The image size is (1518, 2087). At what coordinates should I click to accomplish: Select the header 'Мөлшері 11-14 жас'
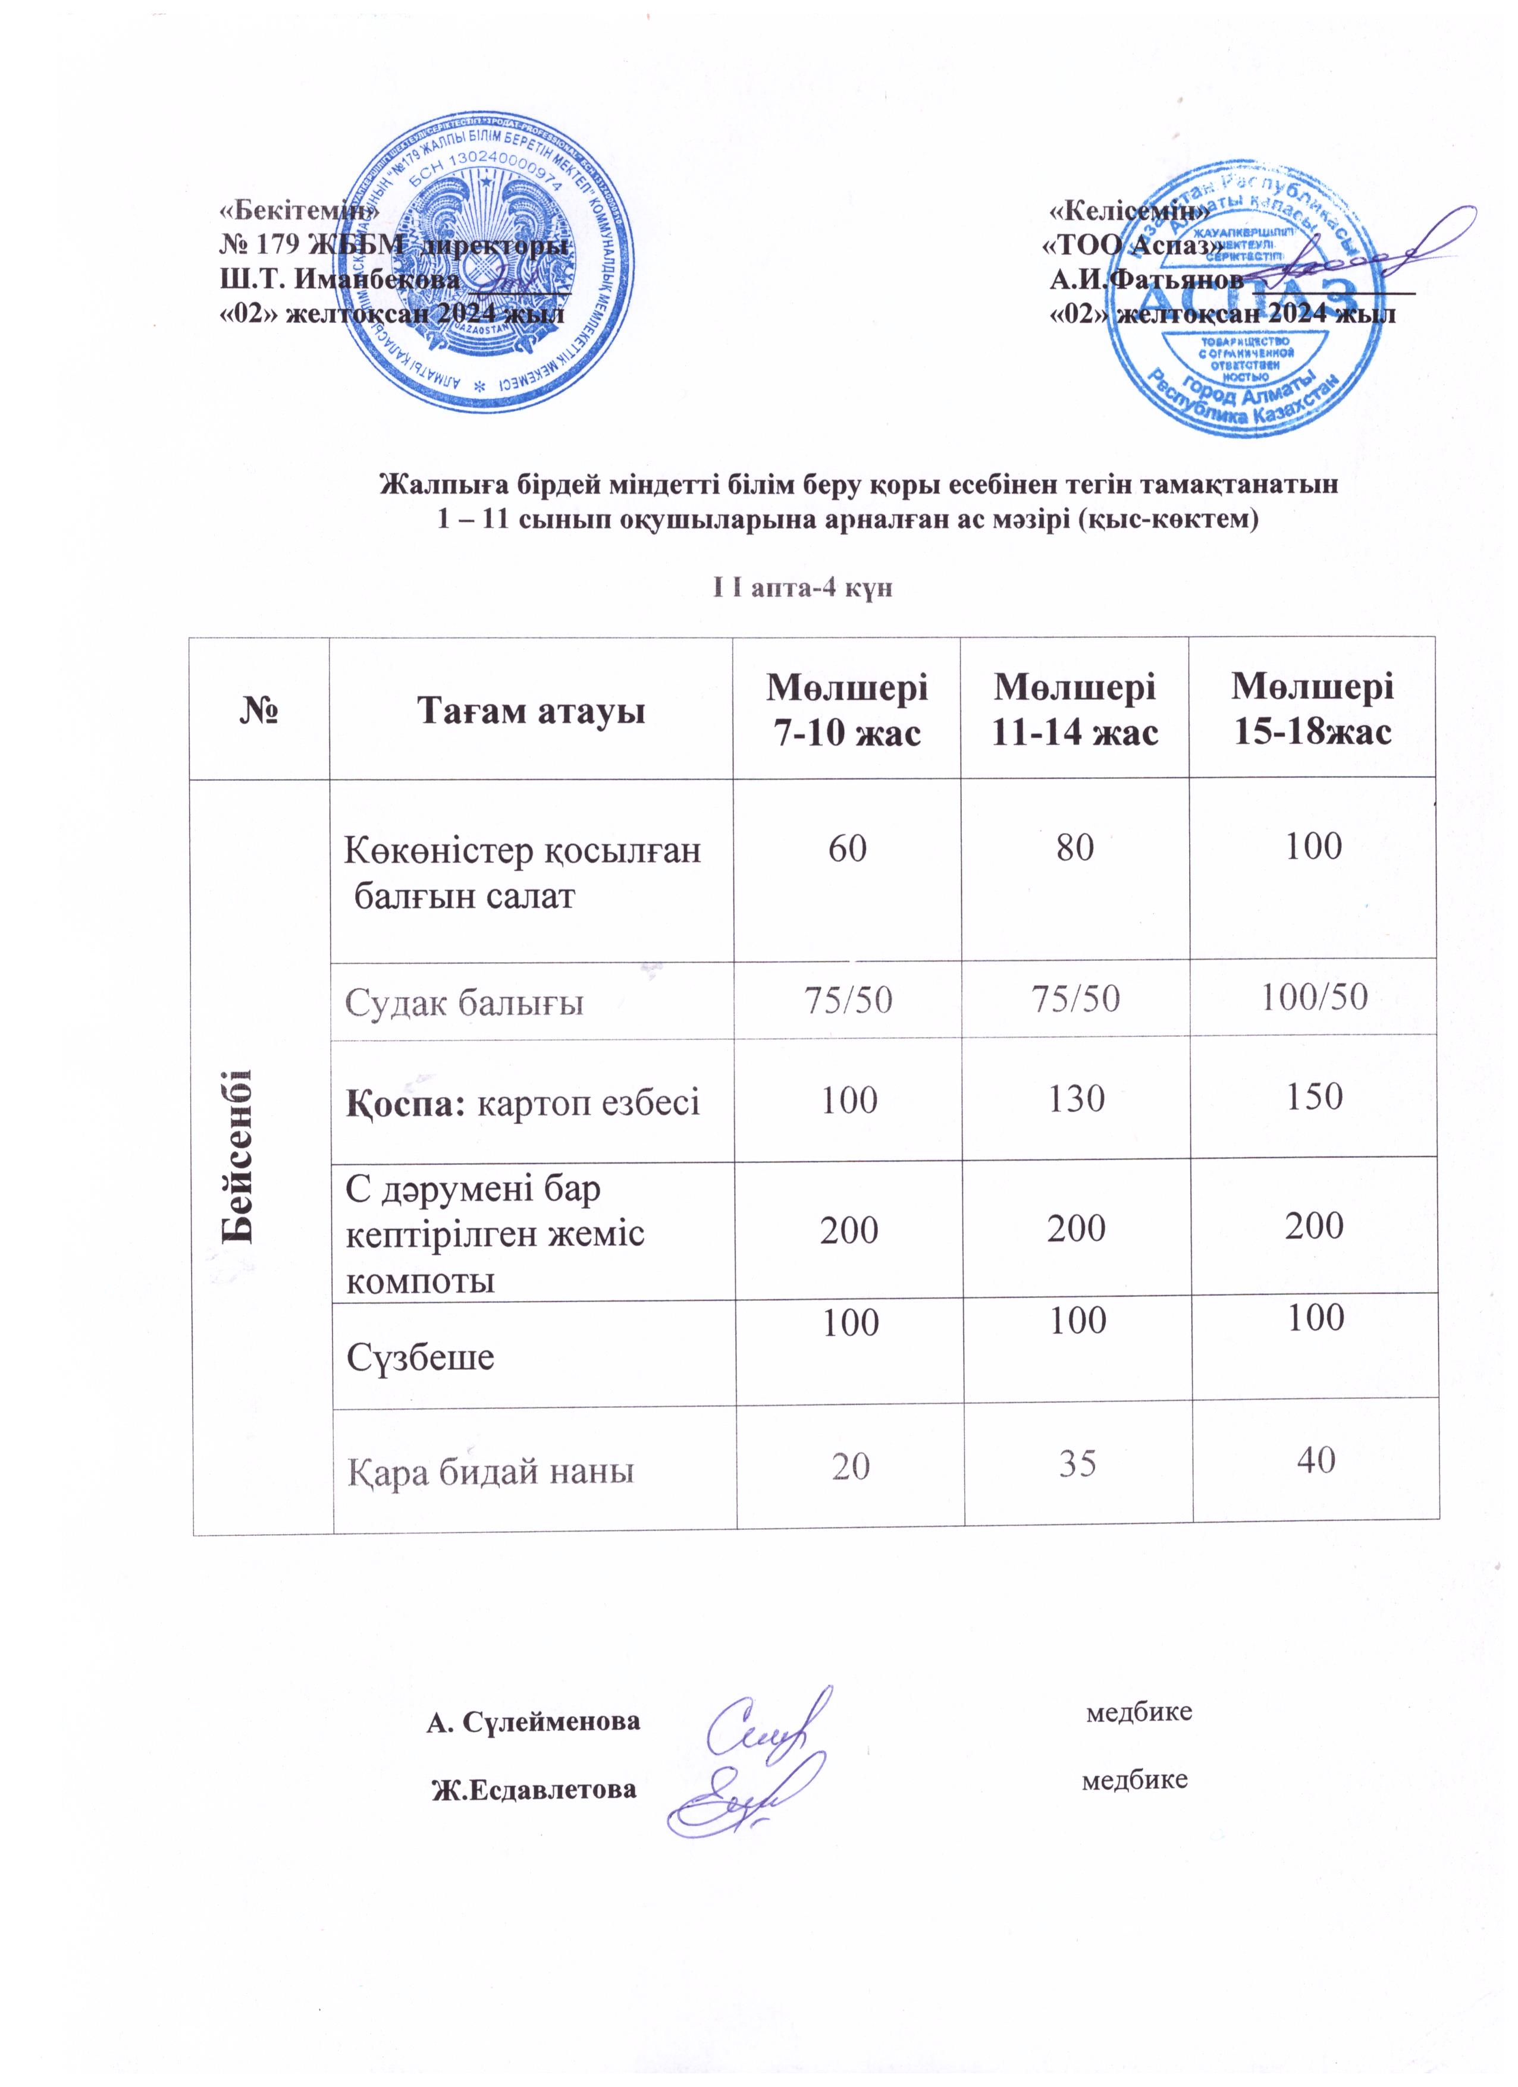click(x=1074, y=709)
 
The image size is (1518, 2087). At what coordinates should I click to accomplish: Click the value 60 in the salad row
click(x=847, y=847)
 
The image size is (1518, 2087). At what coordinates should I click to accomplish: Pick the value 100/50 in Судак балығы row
click(x=1313, y=996)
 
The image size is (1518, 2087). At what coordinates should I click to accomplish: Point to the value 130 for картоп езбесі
click(x=1075, y=1098)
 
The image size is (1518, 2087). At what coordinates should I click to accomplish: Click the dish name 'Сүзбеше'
click(x=420, y=1356)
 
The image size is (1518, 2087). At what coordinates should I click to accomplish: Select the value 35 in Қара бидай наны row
click(x=1077, y=1461)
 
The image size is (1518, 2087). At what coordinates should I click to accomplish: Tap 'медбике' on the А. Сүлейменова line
click(x=1138, y=1712)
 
